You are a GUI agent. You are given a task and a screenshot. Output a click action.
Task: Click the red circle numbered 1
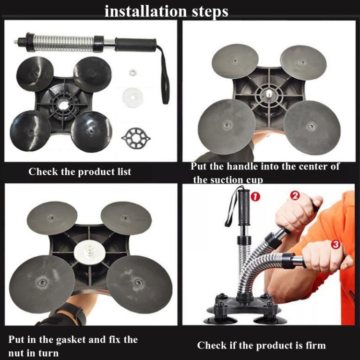point(255,196)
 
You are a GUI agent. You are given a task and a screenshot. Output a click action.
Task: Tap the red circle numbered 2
point(295,195)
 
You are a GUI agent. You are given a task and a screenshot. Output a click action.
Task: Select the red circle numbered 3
point(336,244)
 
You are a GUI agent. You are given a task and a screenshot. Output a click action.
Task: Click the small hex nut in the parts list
point(132,72)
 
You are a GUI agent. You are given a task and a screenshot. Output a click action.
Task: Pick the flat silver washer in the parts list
point(132,97)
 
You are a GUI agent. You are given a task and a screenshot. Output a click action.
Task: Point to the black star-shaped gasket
point(136,138)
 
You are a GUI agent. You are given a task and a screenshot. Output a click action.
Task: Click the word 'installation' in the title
point(145,12)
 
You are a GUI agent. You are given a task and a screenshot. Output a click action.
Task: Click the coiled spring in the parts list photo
point(64,43)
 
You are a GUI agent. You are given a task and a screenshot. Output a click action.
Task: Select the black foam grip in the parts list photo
point(136,44)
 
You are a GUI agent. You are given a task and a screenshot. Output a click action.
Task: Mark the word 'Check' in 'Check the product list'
point(43,171)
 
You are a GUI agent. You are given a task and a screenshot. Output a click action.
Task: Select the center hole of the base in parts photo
point(63,105)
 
